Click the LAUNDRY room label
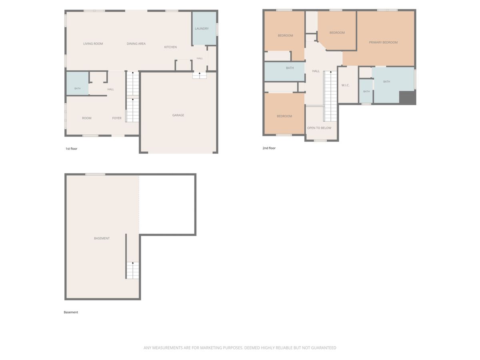tap(202, 29)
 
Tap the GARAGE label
tap(178, 115)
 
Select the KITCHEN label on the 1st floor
tap(170, 47)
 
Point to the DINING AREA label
tap(136, 44)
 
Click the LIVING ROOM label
tap(93, 44)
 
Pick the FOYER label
tap(117, 118)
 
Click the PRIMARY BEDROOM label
tap(383, 42)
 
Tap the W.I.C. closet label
tap(345, 85)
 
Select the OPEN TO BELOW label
tap(319, 128)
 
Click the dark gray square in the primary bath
tap(407, 98)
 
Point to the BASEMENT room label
tap(102, 238)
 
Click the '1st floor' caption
tap(71, 149)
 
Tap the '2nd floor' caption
tap(269, 148)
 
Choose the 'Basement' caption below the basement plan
tap(71, 312)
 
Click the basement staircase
tap(133, 270)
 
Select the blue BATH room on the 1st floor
tap(78, 83)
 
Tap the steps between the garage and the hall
tap(200, 76)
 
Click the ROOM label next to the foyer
tap(86, 118)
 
